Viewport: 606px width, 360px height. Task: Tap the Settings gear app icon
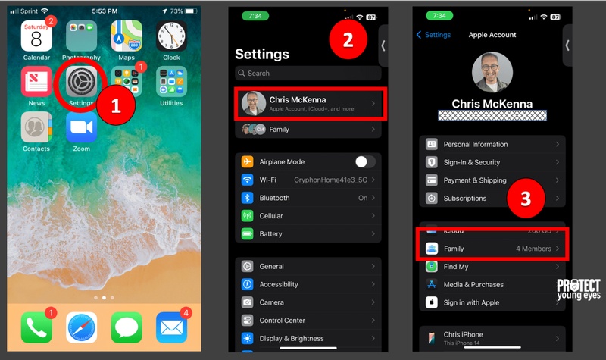80,81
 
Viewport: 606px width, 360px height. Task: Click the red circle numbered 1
115,105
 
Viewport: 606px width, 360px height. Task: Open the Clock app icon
171,36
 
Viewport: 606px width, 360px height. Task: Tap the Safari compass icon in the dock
81,327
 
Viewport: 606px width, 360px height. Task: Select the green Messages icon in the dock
127,327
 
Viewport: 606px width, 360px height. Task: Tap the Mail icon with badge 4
172,327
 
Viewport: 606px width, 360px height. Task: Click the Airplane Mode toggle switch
365,161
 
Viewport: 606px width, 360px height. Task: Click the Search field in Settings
308,74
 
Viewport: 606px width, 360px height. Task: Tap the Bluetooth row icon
247,198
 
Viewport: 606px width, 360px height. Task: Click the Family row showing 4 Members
492,249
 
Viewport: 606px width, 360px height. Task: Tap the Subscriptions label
465,199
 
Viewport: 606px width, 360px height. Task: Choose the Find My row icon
431,267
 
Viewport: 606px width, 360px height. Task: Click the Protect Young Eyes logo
579,290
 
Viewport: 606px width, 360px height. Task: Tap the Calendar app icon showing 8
36,36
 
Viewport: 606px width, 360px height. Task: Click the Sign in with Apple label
472,302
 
